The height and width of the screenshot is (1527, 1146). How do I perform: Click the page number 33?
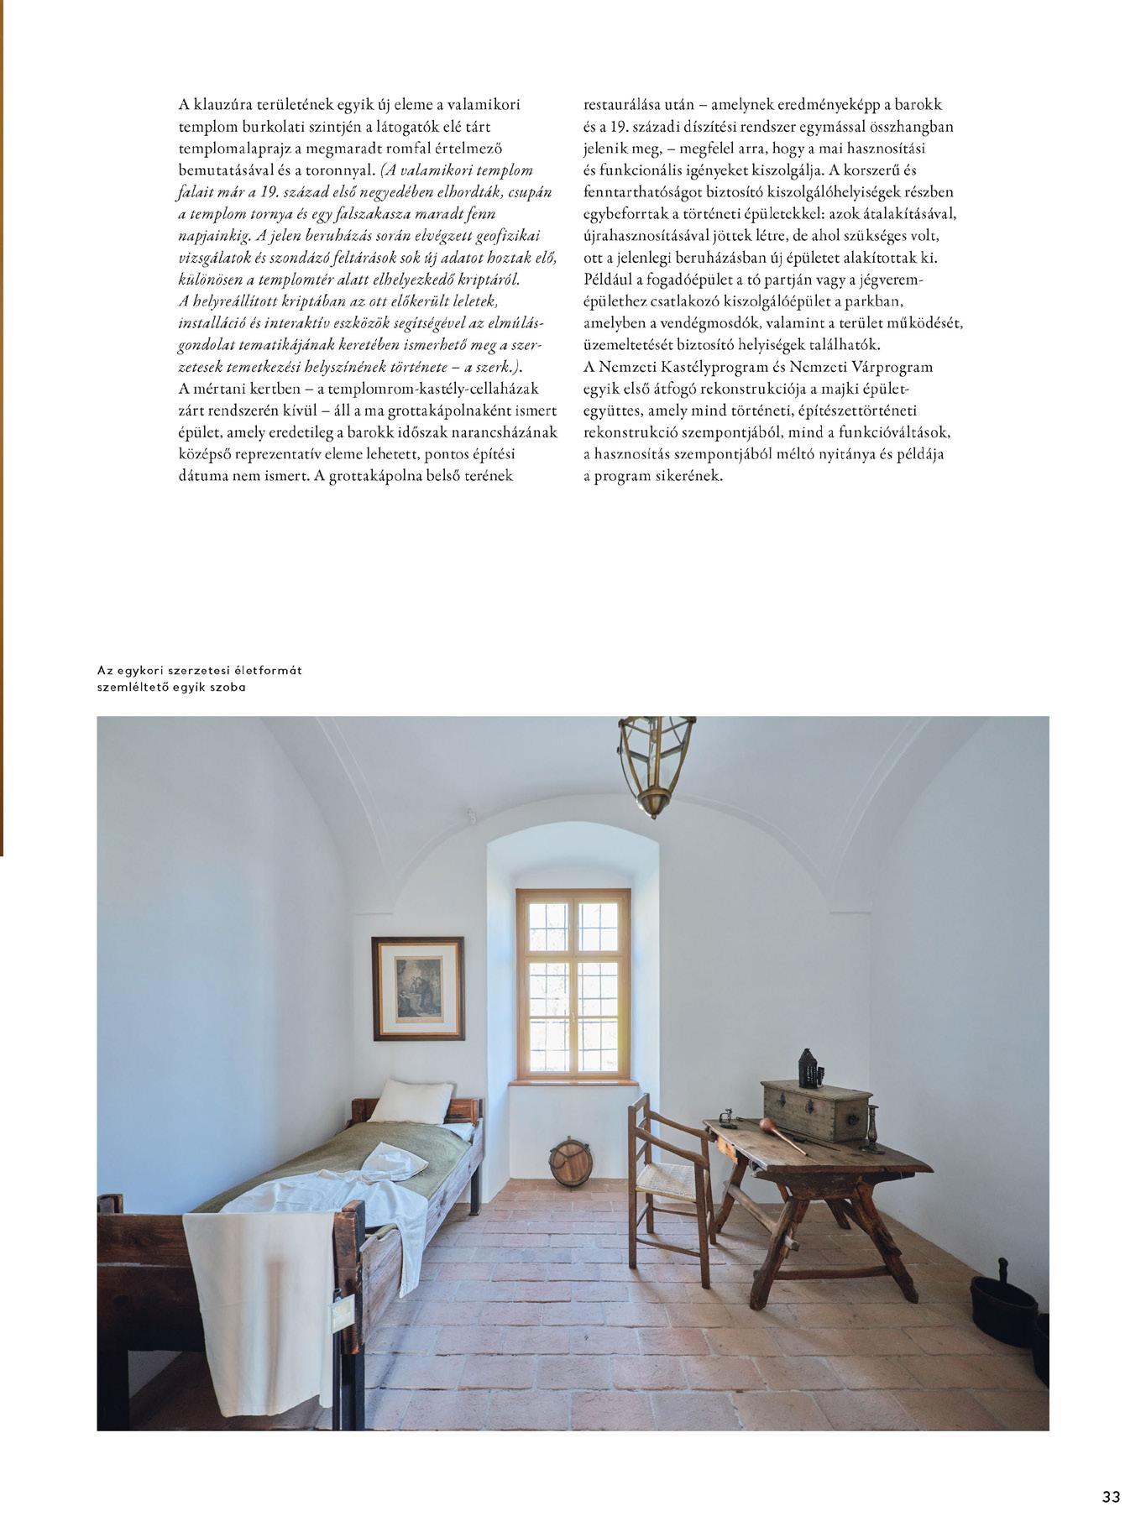(1111, 1496)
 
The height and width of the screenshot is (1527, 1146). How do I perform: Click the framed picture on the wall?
(418, 988)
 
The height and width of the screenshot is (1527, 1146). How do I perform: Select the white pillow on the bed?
(411, 1101)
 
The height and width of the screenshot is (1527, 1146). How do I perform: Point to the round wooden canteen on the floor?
(571, 1162)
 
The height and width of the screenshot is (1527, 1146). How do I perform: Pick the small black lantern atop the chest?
(808, 1068)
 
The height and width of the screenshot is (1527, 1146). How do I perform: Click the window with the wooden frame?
(573, 984)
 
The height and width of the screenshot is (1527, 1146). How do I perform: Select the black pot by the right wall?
(1003, 1310)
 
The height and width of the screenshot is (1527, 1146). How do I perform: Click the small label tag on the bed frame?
(343, 1311)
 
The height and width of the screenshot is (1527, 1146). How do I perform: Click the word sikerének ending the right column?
(686, 476)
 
